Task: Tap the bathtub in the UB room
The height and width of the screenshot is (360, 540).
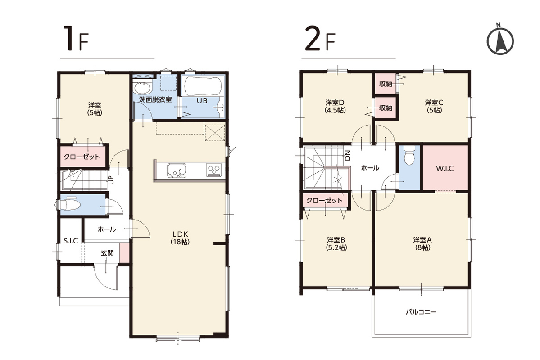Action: [202, 86]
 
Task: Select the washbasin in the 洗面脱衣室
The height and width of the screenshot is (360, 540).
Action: [142, 88]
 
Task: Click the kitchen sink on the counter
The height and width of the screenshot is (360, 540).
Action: [177, 171]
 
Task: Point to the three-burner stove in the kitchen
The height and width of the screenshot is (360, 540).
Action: [214, 170]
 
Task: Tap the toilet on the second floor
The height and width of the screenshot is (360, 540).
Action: [409, 156]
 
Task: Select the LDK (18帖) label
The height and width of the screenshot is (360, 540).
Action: [180, 238]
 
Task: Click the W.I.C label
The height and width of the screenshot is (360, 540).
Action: [445, 169]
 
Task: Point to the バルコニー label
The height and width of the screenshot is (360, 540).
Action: [421, 312]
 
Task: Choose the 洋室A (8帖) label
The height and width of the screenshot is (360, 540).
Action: [422, 243]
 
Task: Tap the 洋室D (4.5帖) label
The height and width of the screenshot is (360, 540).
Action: [335, 106]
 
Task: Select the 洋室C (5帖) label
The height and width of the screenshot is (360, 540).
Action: [434, 106]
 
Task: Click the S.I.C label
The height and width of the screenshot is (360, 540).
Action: [71, 241]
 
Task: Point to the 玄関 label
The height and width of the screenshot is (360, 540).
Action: [107, 253]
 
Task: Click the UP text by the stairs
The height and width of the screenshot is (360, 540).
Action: [110, 180]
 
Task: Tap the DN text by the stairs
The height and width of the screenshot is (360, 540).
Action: [348, 156]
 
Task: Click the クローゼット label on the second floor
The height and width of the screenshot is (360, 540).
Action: [324, 200]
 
